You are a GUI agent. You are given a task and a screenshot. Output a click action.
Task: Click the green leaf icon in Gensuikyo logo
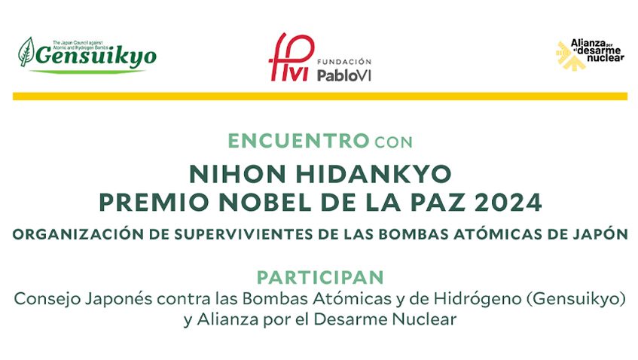coord(26,53)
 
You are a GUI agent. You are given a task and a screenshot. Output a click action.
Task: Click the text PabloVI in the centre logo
coord(344,74)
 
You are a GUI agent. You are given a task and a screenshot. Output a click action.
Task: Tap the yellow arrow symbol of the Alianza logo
coord(569,57)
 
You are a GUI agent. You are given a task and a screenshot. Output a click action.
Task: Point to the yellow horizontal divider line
coord(319,96)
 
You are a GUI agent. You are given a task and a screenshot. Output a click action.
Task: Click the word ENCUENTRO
coord(298,141)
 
